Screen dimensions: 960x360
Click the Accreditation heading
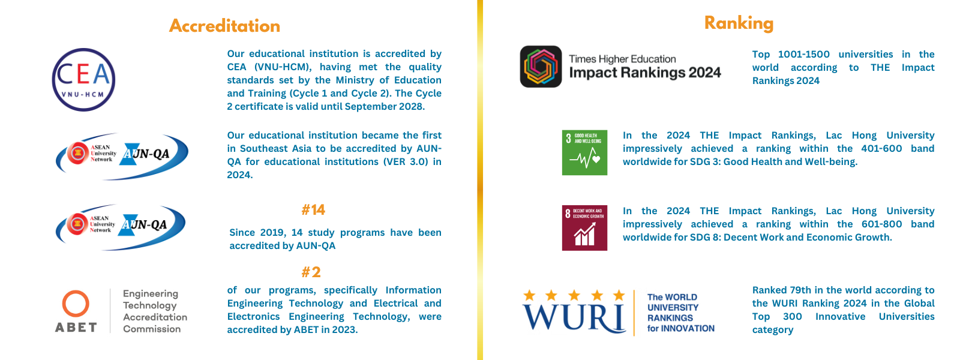[x=224, y=26]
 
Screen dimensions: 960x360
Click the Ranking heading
[x=739, y=23]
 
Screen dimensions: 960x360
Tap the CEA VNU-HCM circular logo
[x=83, y=80]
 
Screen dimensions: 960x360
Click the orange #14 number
[x=313, y=209]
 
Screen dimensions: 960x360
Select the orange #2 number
[x=311, y=272]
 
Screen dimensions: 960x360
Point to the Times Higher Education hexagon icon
[x=541, y=67]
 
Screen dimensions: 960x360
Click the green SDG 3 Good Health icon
[x=584, y=152]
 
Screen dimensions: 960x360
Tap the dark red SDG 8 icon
[x=584, y=228]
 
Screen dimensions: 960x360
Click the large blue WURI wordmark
[x=574, y=317]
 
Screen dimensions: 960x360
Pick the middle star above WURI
[x=574, y=295]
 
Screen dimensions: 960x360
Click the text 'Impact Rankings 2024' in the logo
[x=645, y=73]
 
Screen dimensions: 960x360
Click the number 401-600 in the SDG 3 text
[x=881, y=149]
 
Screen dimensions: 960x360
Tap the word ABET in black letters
[x=76, y=328]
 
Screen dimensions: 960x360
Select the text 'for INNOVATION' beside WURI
[x=680, y=328]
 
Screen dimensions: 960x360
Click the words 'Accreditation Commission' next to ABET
[x=155, y=323]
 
